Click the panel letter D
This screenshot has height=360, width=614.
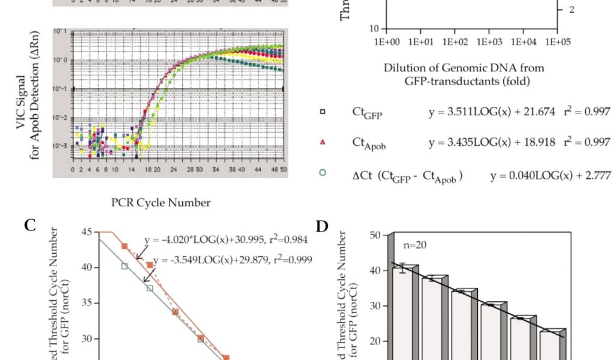pyautogui.click(x=323, y=226)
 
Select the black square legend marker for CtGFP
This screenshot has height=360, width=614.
pyautogui.click(x=323, y=112)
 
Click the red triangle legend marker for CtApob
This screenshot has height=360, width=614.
pyautogui.click(x=323, y=142)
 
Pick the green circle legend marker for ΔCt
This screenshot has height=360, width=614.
pyautogui.click(x=323, y=173)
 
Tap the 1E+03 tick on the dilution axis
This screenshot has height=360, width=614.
pyautogui.click(x=489, y=42)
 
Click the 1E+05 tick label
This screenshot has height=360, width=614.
pyautogui.click(x=558, y=42)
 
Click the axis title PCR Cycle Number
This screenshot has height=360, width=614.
pyautogui.click(x=161, y=203)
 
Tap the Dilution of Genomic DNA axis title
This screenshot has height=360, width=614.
pyautogui.click(x=463, y=74)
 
